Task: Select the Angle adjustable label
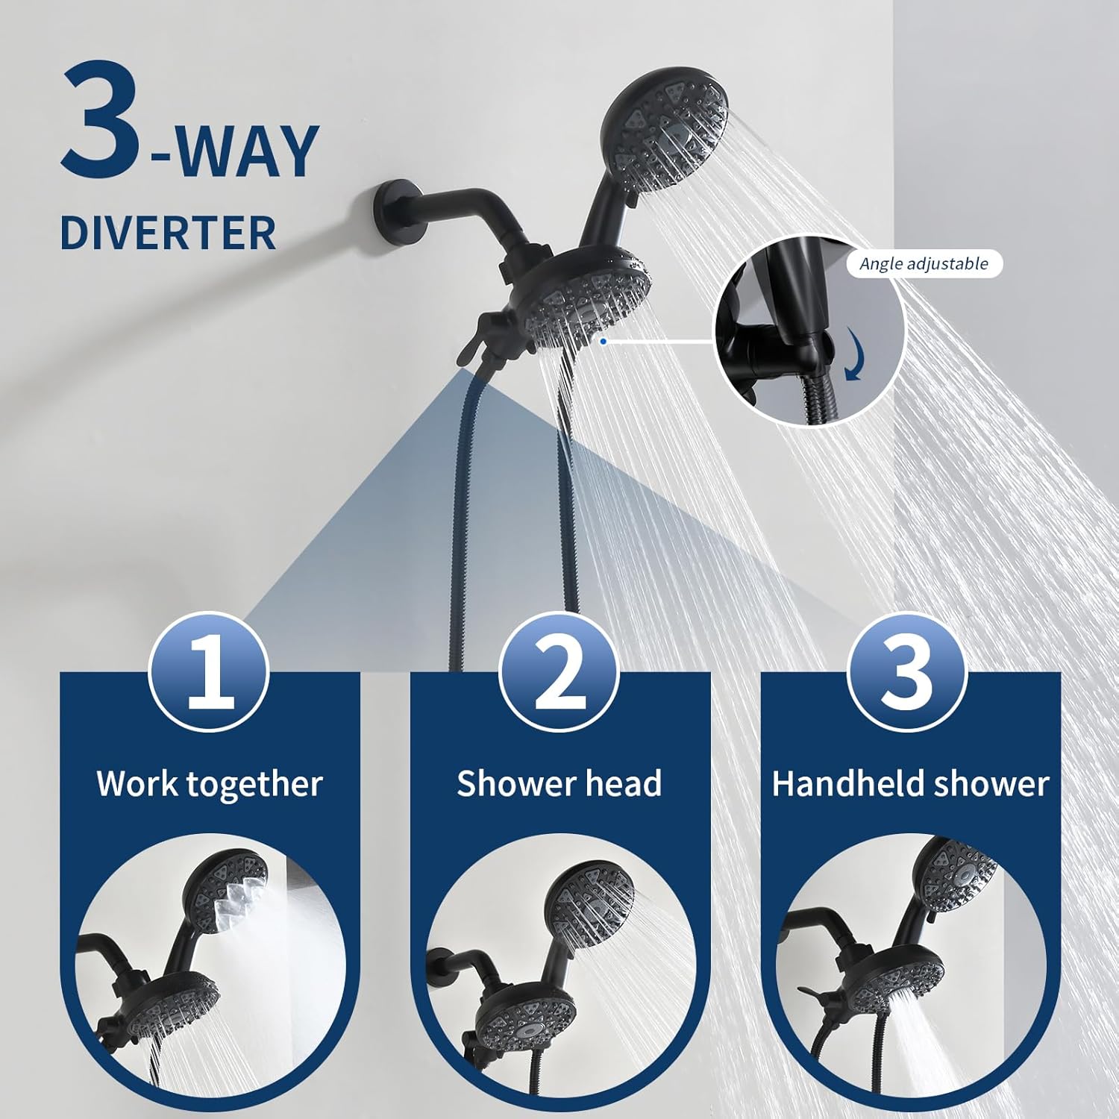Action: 924,264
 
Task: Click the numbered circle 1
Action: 210,672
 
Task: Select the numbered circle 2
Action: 559,672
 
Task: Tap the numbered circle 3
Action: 907,672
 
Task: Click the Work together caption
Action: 210,784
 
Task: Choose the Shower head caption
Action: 559,784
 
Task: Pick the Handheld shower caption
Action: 910,784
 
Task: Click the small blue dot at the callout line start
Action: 603,341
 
